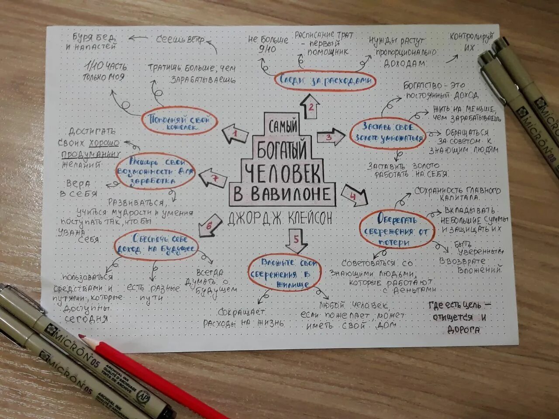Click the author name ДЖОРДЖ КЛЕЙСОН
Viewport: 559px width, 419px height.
(x=280, y=217)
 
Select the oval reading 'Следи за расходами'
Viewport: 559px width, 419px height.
(x=325, y=81)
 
